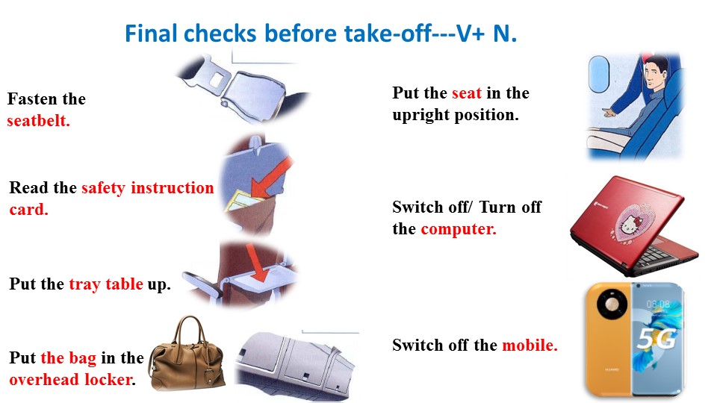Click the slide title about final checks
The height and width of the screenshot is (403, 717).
click(x=321, y=34)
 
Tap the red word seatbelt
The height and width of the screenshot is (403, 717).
click(x=38, y=121)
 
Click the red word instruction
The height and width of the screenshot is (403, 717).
click(x=173, y=188)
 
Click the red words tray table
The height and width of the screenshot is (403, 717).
click(x=106, y=284)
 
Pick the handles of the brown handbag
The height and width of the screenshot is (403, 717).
click(x=190, y=330)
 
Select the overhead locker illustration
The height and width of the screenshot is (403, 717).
click(x=296, y=366)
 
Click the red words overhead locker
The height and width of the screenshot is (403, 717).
click(x=72, y=380)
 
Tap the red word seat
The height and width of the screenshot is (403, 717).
click(x=466, y=93)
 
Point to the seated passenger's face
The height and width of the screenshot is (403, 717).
click(x=654, y=74)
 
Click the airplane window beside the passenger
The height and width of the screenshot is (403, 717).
click(x=599, y=75)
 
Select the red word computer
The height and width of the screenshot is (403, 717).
click(x=458, y=229)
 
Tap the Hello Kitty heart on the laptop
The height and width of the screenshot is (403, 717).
click(x=632, y=223)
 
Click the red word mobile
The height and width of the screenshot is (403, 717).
click(x=530, y=345)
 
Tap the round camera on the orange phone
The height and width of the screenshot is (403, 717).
click(x=612, y=304)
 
